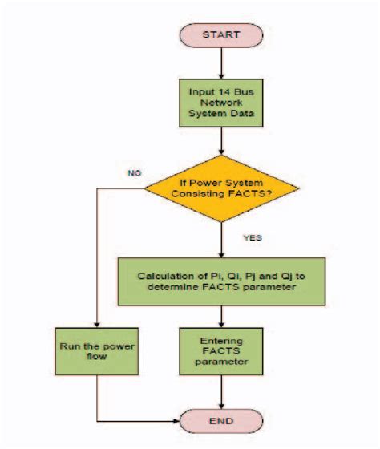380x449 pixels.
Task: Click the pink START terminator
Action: point(221,34)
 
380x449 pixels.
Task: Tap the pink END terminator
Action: point(221,420)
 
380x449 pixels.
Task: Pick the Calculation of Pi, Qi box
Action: point(221,281)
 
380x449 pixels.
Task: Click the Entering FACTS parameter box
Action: point(221,352)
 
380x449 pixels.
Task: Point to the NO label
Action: point(135,172)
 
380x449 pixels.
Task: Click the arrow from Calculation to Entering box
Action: point(221,315)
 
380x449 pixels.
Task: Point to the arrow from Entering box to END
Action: point(221,393)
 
